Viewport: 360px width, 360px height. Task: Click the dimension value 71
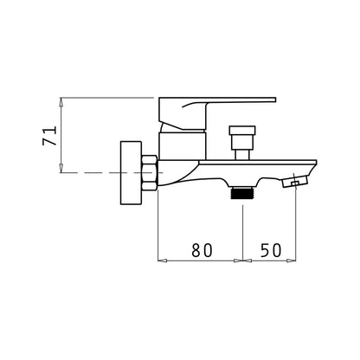[x=49, y=135]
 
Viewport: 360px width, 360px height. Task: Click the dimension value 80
[x=202, y=250]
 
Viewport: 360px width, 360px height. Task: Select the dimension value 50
[x=271, y=250]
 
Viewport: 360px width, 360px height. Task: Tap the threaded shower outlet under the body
[x=242, y=192]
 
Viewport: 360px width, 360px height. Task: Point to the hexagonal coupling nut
[x=150, y=172]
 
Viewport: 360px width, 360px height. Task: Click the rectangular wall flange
[x=131, y=173]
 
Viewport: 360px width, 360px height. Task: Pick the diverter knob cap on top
[x=242, y=130]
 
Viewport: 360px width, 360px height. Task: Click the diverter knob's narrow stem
[x=242, y=153]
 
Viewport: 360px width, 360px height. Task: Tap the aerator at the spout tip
[x=295, y=183]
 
